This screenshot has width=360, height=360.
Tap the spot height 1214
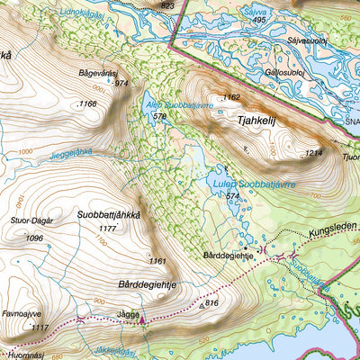coord(313,154)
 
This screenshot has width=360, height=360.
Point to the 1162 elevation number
coord(232,97)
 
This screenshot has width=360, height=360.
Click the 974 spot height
coord(121,83)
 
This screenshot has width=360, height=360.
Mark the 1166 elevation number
coord(87,104)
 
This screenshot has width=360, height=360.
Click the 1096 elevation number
coord(34,238)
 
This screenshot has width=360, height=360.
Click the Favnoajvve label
coord(24,313)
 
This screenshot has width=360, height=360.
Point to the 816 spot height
coord(211,303)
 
